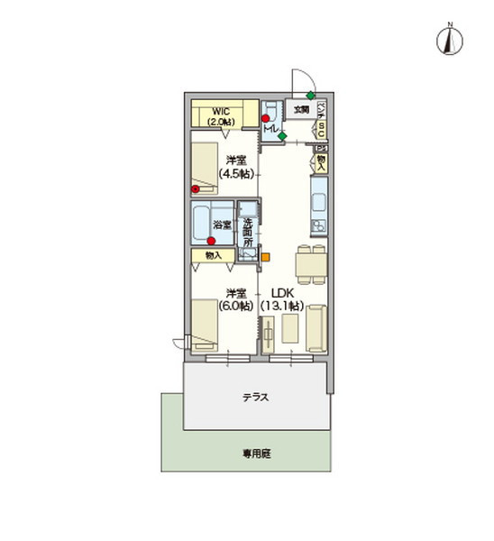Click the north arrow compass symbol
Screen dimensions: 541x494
tap(448, 40)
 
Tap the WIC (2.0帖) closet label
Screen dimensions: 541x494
tap(220, 116)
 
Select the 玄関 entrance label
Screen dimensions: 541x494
tap(300, 109)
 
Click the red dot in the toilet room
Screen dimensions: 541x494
tap(266, 118)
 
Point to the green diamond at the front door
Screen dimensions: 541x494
tap(310, 96)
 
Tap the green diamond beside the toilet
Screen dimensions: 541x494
tap(282, 136)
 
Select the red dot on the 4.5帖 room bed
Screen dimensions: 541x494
tap(195, 189)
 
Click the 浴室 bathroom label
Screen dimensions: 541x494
tap(223, 224)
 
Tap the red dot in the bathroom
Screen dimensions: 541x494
tap(212, 240)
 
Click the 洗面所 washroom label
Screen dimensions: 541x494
tap(247, 231)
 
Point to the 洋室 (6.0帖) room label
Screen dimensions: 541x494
tap(235, 299)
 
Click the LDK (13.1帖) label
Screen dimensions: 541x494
tap(282, 299)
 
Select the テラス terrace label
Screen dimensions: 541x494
tap(256, 398)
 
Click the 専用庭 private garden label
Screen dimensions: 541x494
tap(255, 454)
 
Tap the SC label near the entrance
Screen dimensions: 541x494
tap(322, 130)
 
